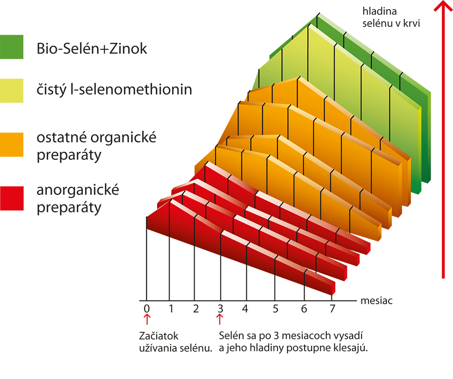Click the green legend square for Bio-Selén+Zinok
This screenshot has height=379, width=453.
point(12,47)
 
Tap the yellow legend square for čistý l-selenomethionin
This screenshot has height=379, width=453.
point(12,90)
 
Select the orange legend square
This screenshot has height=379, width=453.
point(12,144)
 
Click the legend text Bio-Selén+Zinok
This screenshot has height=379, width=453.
point(92,48)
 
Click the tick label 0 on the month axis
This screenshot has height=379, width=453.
point(147,308)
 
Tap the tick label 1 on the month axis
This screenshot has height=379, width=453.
point(171,308)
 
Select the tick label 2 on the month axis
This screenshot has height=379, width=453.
point(196,308)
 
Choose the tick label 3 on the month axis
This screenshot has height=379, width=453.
point(220,308)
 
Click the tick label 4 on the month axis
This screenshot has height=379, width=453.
point(245,308)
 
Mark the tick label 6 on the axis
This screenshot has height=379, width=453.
point(304,308)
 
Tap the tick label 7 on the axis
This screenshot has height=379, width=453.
point(331,308)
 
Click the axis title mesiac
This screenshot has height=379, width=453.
point(376,301)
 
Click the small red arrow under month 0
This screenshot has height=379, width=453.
point(147,319)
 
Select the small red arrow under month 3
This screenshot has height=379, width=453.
point(220,319)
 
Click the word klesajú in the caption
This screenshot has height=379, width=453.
point(350,348)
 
